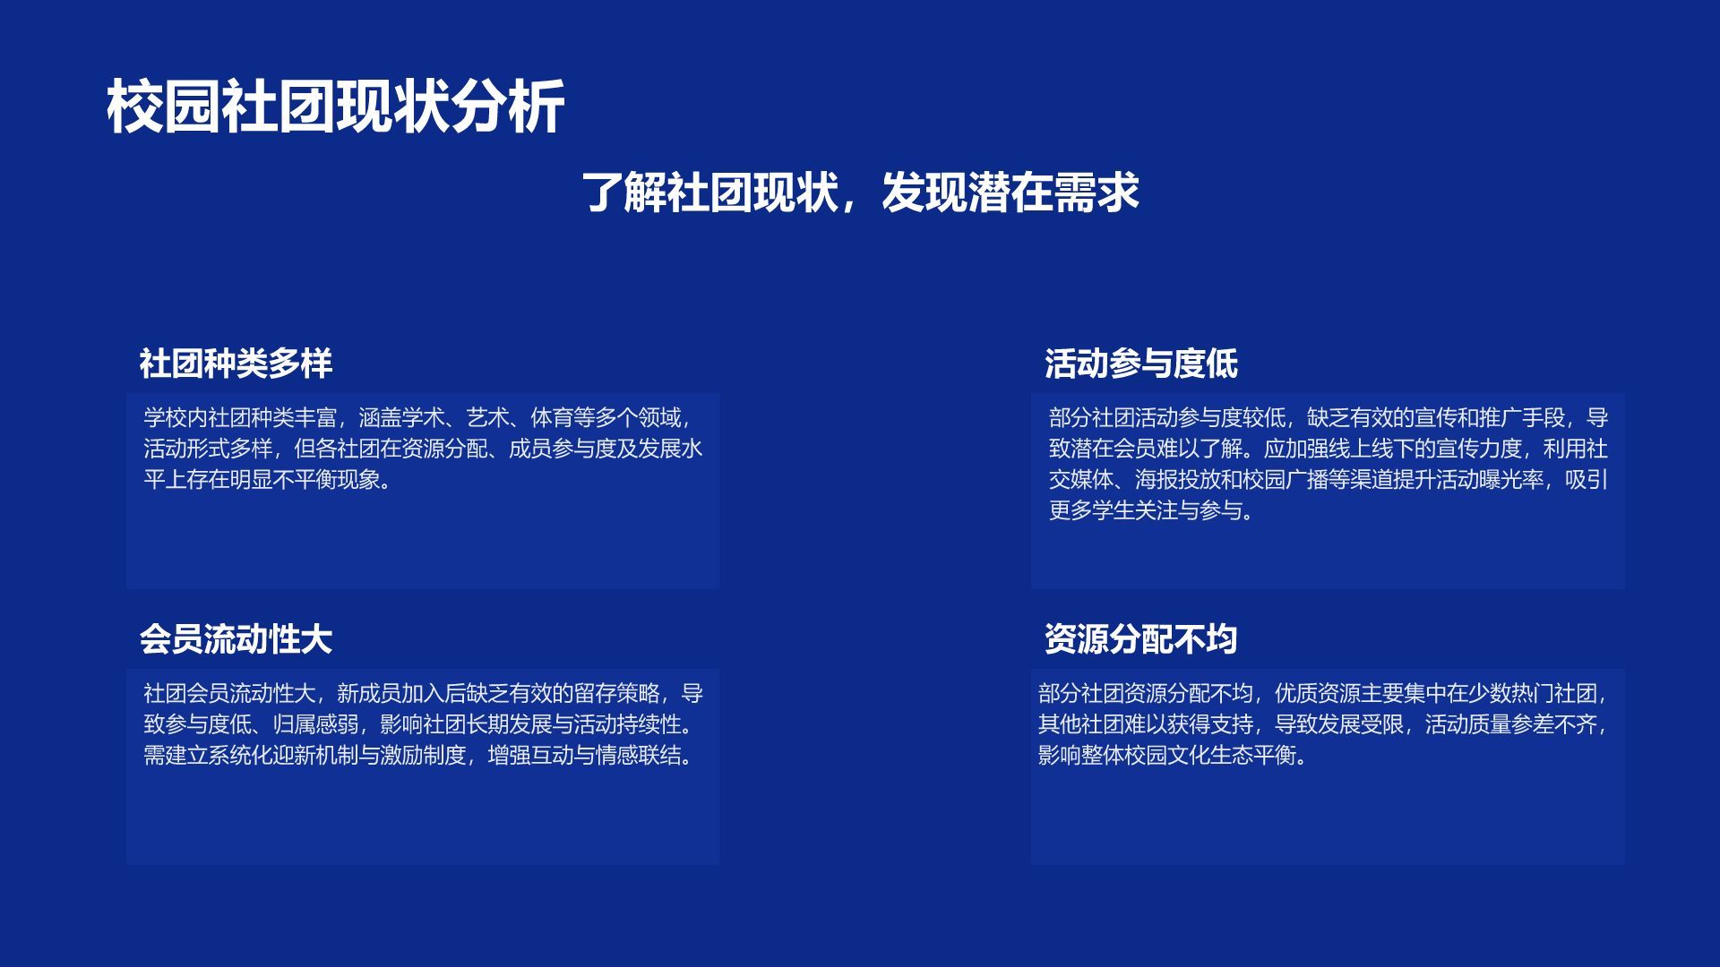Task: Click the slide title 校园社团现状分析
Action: point(335,107)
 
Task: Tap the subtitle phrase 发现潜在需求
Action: point(1010,192)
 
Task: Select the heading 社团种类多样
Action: point(236,364)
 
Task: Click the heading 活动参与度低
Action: point(1140,364)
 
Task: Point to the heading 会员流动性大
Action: point(236,639)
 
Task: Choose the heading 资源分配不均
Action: point(1140,639)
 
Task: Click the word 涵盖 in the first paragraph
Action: point(380,418)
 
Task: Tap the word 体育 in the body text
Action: point(552,418)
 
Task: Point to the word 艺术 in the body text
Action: point(487,418)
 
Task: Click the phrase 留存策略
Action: point(615,694)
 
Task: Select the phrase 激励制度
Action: point(423,756)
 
